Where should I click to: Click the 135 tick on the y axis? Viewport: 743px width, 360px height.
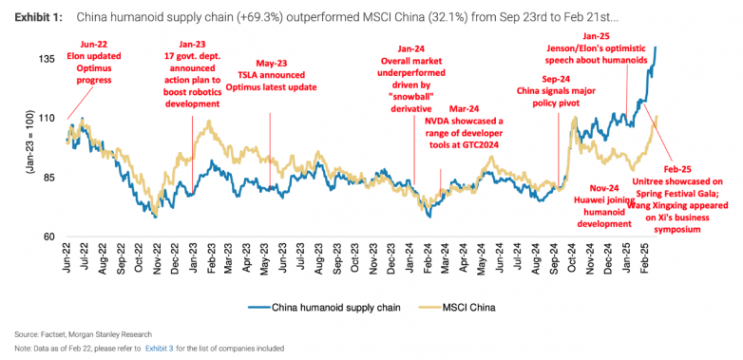tap(46, 59)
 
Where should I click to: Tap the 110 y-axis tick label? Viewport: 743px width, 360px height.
tap(46, 118)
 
